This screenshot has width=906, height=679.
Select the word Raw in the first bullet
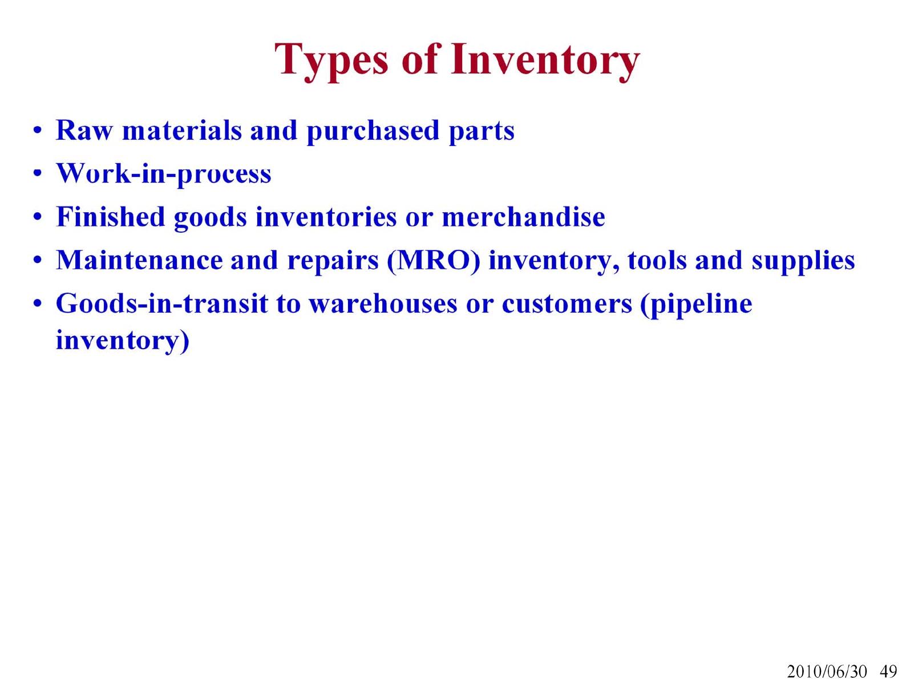click(84, 131)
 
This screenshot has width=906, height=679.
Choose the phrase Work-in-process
click(164, 175)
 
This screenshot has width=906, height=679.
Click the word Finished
click(111, 217)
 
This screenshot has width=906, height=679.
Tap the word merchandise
click(523, 217)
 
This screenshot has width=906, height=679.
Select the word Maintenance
click(139, 260)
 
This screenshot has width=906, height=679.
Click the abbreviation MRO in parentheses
click(434, 261)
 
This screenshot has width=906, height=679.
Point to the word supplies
click(803, 262)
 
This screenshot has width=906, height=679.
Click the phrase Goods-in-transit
click(162, 304)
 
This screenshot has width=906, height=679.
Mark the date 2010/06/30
click(826, 671)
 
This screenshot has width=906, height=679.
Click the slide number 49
click(888, 671)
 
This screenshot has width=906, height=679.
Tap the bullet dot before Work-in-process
click(38, 174)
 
